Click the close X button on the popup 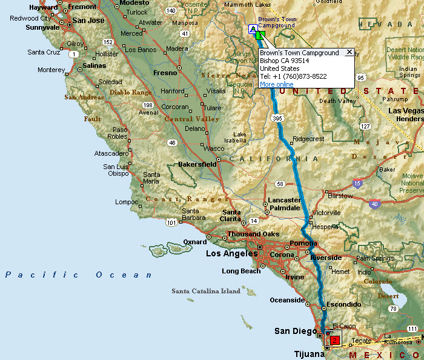(x=349, y=53)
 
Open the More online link (x=276, y=84)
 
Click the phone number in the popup (x=293, y=76)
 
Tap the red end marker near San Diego (x=335, y=340)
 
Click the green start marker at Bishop (x=259, y=36)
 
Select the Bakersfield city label (x=197, y=164)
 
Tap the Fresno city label (x=165, y=73)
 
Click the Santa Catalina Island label (x=206, y=291)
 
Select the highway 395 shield (x=278, y=118)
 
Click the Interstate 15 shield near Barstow (x=358, y=183)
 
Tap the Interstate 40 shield (x=374, y=204)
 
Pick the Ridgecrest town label (x=308, y=139)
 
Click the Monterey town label (x=51, y=70)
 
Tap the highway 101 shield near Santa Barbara (x=171, y=223)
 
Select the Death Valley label (x=336, y=101)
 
